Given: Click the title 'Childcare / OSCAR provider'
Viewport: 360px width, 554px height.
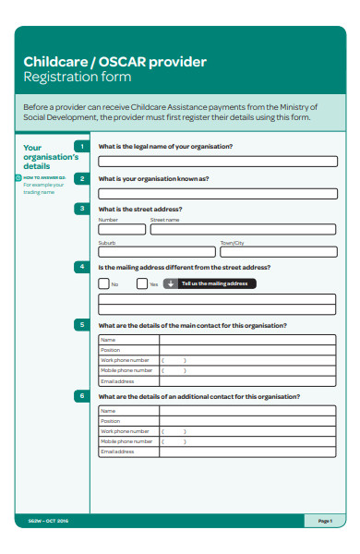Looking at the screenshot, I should (115, 62).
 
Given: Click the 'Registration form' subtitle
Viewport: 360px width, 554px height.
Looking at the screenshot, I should (78, 78).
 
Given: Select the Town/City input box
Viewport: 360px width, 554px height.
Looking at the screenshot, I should (278, 251).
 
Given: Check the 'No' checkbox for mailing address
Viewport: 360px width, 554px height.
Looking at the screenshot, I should (103, 283).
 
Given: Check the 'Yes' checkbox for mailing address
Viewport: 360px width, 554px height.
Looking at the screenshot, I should (142, 283).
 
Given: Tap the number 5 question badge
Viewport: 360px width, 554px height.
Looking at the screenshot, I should (82, 325).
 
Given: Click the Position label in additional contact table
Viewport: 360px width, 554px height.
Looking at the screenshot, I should (111, 421).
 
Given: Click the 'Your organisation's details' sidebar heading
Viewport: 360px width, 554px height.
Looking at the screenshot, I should (44, 157).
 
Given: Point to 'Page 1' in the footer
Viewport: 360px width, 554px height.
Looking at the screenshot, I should (324, 522).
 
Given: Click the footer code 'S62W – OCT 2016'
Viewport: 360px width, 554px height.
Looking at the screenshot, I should (42, 522).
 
